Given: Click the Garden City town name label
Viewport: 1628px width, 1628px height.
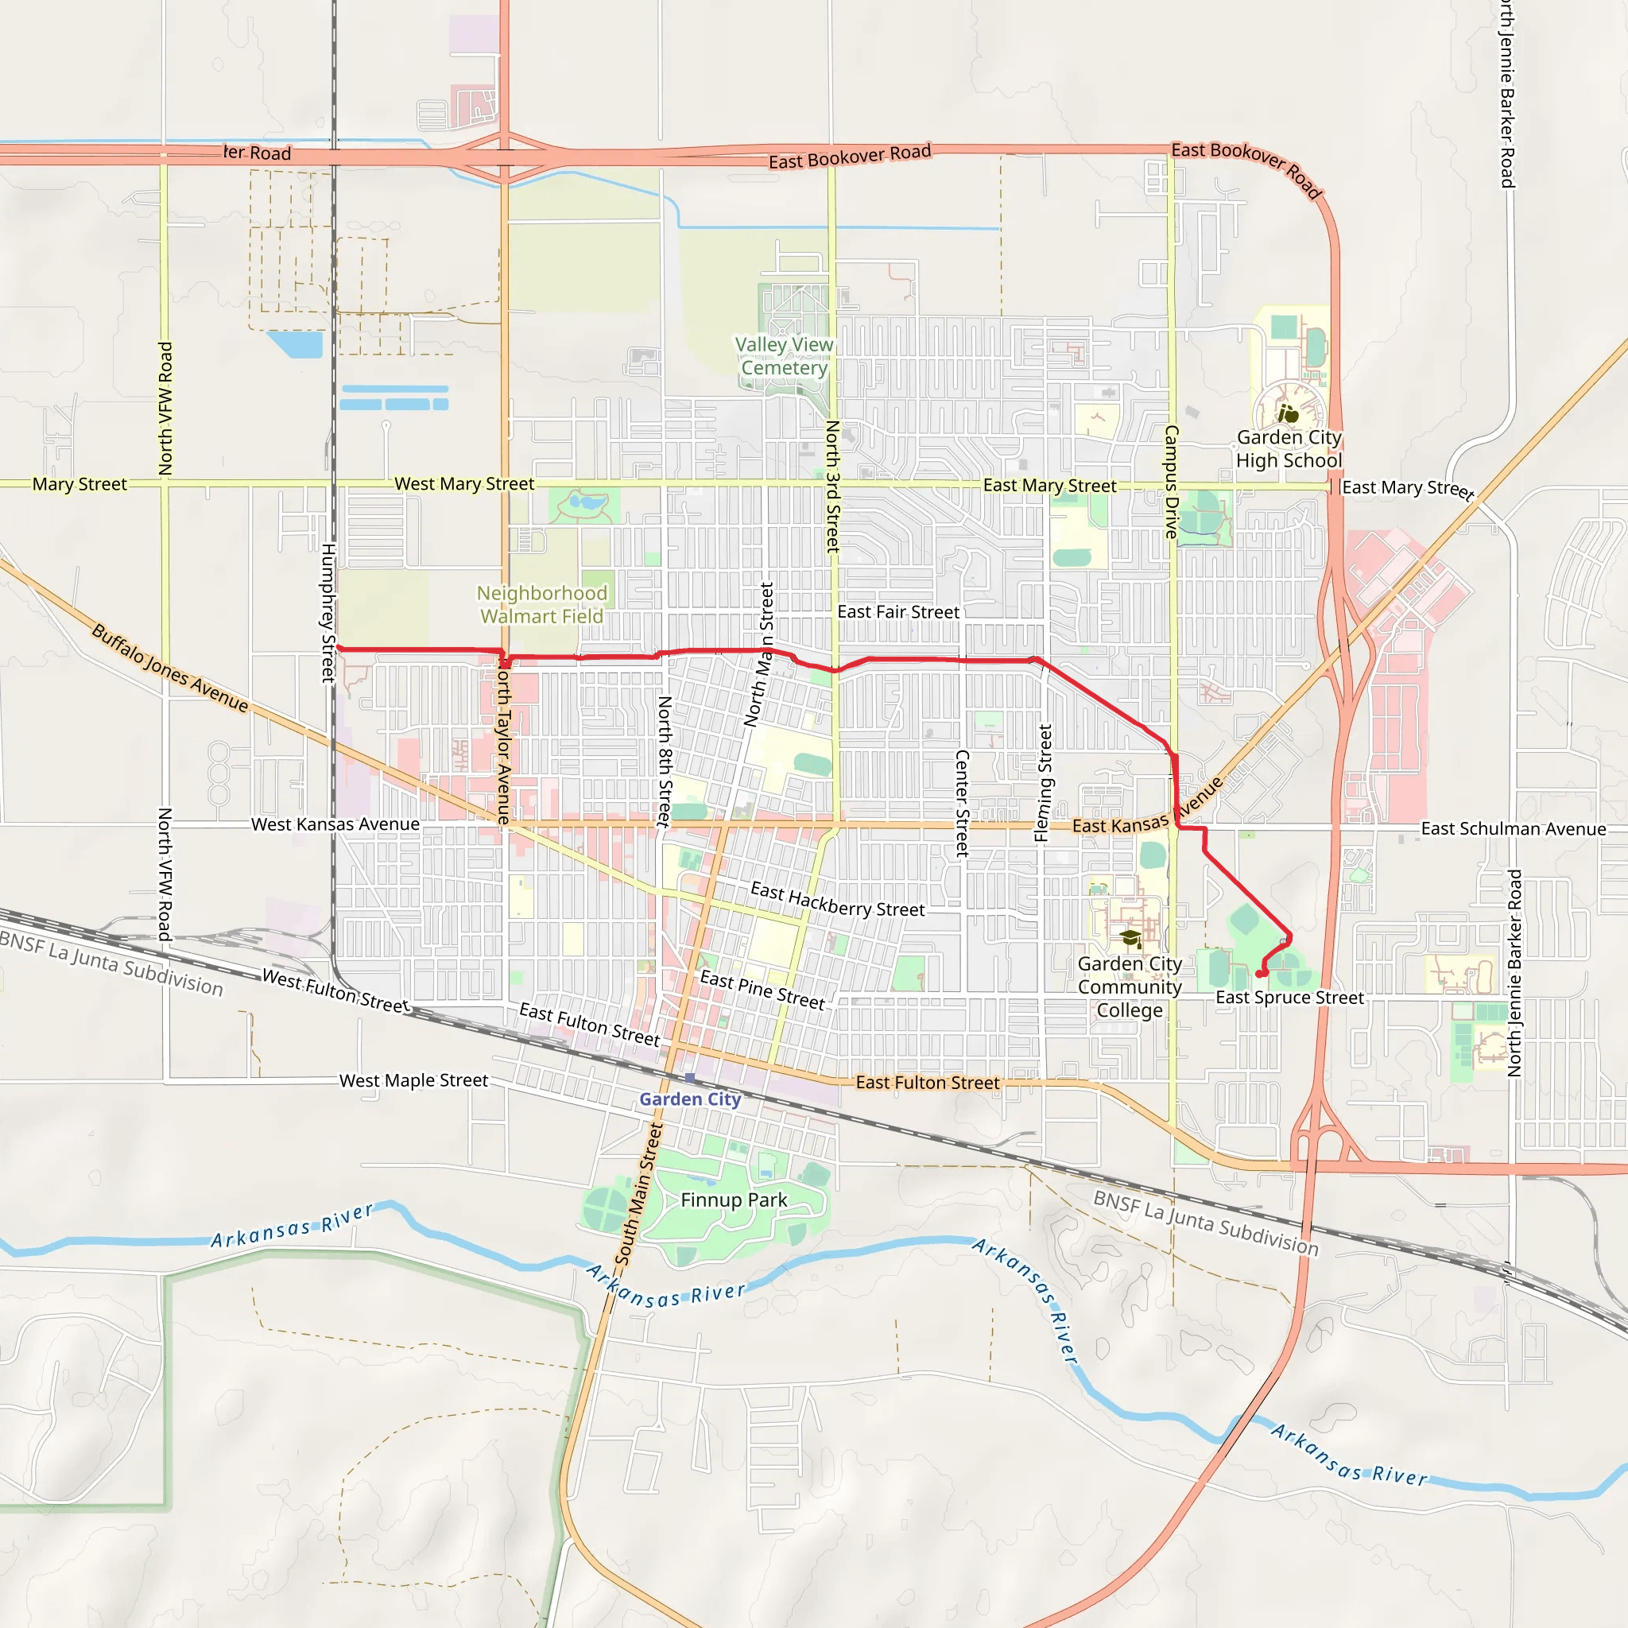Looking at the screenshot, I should point(689,1099).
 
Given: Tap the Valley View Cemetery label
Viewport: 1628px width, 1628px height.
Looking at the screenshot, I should point(784,356).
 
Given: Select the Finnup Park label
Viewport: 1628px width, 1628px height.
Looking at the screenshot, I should point(733,1200).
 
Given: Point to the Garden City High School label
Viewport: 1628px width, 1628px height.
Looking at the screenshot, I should point(1289,449).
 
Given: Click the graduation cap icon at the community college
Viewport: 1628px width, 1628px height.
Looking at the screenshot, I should point(1130,939).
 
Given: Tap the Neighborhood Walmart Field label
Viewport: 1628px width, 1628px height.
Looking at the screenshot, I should point(542,605).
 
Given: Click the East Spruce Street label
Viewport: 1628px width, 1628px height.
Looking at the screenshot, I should point(1289,998).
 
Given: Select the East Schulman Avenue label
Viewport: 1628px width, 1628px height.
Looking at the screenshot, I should point(1514,829).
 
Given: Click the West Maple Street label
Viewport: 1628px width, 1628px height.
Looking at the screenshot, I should point(413,1080).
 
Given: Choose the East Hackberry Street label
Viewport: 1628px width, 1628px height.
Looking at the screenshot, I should point(838,900).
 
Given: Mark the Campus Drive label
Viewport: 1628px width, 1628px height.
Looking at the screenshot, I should point(1171,482).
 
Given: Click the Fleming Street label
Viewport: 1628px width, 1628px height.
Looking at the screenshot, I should point(1043,784).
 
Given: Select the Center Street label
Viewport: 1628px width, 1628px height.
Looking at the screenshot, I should point(962,804).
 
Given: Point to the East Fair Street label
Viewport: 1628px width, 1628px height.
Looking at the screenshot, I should point(898,612).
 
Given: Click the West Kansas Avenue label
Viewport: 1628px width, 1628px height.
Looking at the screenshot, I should point(335,824).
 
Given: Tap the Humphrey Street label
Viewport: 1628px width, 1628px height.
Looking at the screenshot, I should point(328,613).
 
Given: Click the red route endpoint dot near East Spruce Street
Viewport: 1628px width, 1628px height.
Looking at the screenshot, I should point(1260,974).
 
